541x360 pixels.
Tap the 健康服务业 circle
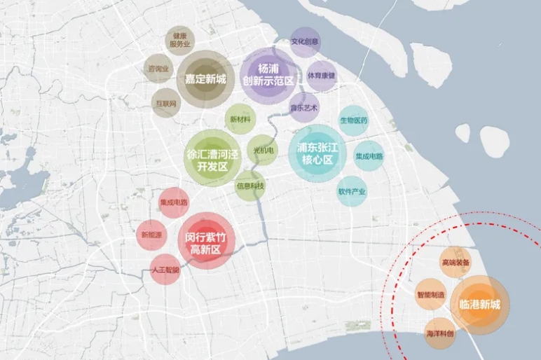[180, 41]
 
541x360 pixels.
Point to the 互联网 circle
[167, 103]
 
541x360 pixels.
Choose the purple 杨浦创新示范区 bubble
[267, 76]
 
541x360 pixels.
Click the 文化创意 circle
[306, 43]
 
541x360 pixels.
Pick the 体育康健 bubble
[322, 76]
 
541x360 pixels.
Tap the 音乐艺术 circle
[304, 108]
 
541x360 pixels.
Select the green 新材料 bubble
[240, 119]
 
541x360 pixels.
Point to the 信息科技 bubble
[249, 186]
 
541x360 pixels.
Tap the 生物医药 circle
[354, 120]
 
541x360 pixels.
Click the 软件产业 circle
[352, 191]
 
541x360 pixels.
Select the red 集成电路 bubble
[173, 203]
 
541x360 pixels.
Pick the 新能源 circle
[151, 235]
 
